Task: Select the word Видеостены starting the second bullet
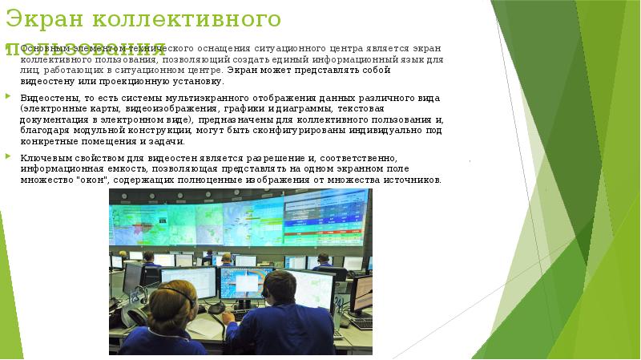tap(46, 98)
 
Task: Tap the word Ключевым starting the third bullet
tap(43, 159)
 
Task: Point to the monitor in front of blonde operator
tap(188, 281)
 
